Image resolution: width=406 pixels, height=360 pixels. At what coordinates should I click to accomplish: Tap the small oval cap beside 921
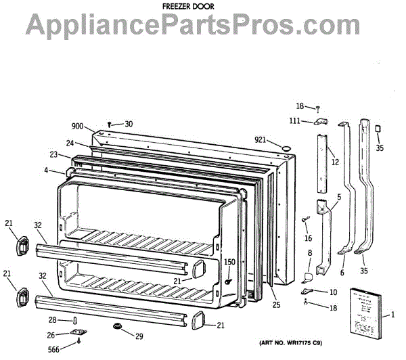tap(286, 147)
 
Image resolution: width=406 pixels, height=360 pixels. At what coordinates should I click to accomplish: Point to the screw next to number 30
tap(110, 124)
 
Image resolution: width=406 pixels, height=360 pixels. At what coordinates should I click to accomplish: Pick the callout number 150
tap(229, 262)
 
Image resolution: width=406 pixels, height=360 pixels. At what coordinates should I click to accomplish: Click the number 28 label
tap(53, 319)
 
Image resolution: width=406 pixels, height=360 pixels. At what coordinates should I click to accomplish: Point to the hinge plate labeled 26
tap(78, 333)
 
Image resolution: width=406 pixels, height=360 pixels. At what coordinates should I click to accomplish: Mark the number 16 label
tap(309, 238)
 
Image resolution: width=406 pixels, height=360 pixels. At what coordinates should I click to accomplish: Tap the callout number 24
tap(70, 143)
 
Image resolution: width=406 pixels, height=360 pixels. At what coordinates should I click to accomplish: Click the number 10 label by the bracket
tap(333, 292)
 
